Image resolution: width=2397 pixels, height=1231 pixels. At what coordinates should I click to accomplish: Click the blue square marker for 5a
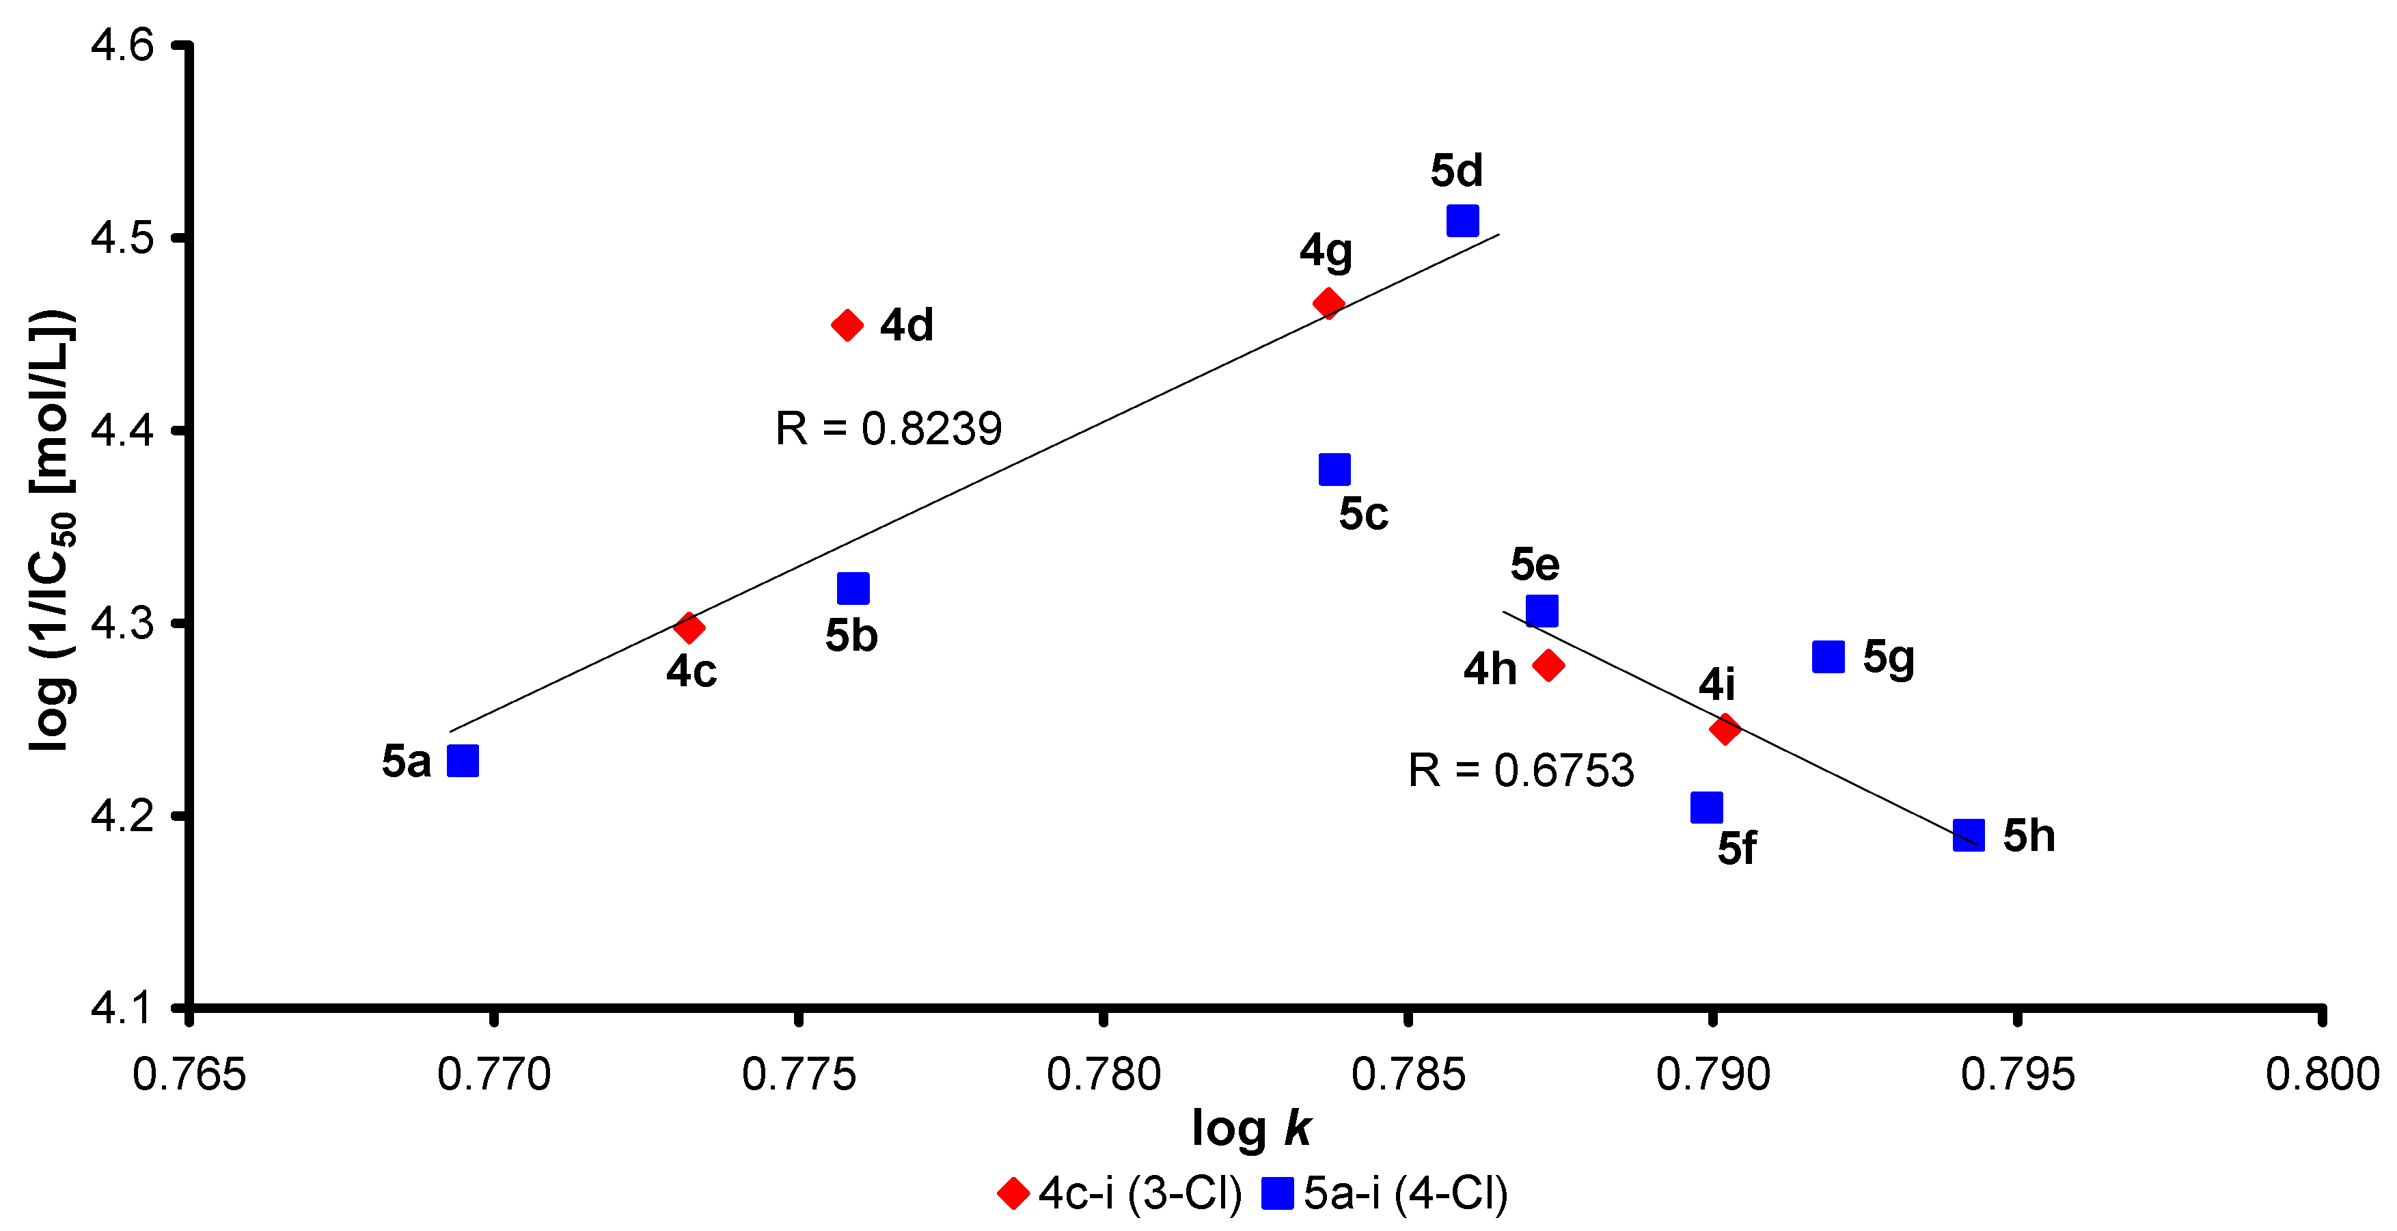click(463, 761)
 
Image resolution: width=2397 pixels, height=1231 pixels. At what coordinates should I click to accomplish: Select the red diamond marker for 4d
click(847, 325)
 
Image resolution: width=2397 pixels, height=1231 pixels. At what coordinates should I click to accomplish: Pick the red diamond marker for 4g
click(1328, 303)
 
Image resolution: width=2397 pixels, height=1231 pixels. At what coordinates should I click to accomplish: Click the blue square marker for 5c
click(1334, 470)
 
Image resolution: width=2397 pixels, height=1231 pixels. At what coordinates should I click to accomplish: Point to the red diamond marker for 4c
click(689, 628)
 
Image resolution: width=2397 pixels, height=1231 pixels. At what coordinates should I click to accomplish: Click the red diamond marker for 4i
click(1724, 729)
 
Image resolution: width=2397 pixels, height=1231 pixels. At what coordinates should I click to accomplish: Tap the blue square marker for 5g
click(1828, 657)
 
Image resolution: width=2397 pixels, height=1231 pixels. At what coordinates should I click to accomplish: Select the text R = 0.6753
click(1520, 770)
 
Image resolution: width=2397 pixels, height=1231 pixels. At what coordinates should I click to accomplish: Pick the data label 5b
click(851, 636)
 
